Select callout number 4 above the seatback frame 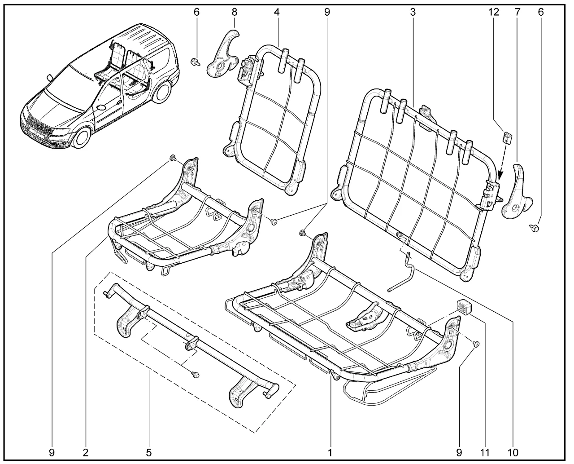coord(277,12)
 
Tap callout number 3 coord(412,12)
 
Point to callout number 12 coord(494,12)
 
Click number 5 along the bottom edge coord(148,452)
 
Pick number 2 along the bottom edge coord(85,452)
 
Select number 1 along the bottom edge coord(330,452)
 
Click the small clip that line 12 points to coord(508,136)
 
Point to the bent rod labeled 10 coord(405,271)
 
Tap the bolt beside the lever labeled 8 coord(195,62)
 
